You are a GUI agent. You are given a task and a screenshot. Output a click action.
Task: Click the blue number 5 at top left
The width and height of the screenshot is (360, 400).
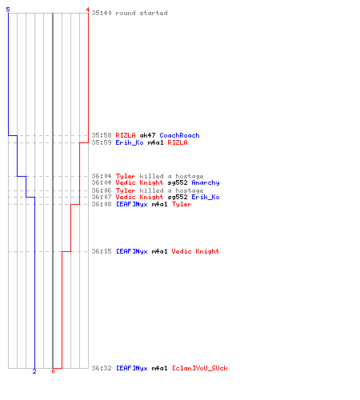tap(8, 10)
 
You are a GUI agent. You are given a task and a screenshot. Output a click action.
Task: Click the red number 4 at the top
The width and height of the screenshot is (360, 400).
tap(87, 10)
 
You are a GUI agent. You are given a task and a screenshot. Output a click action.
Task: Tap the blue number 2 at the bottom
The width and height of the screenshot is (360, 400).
tap(34, 371)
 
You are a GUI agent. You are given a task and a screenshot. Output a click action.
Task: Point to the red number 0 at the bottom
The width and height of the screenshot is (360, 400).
tap(53, 371)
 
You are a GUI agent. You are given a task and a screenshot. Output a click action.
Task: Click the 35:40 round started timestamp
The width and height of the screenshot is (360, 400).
tap(102, 13)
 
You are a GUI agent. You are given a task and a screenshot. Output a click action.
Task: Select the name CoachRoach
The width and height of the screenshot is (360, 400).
tap(179, 135)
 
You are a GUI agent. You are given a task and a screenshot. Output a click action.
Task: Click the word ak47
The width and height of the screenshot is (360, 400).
tap(147, 135)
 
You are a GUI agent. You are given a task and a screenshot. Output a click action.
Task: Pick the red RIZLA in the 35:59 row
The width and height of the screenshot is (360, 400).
tap(178, 142)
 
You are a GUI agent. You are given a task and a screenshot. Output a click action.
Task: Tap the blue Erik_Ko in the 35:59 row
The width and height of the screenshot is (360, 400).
tap(130, 142)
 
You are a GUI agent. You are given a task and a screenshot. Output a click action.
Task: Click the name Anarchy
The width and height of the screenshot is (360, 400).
tap(206, 182)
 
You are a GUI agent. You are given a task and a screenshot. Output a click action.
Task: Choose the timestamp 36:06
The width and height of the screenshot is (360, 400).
tap(102, 190)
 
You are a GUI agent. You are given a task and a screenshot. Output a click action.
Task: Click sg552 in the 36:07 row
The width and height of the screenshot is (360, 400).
tap(178, 197)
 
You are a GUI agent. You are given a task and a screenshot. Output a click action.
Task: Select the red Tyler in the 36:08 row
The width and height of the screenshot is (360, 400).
tap(182, 204)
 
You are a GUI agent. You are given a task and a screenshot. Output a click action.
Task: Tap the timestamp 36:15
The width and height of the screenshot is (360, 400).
tap(102, 251)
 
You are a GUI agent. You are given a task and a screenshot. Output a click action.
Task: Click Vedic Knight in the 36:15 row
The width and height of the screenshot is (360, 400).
tap(195, 251)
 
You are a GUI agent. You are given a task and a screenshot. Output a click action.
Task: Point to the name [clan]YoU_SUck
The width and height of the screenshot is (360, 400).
tap(199, 368)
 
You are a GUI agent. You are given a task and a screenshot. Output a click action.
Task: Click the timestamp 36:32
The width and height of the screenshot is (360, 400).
tap(102, 368)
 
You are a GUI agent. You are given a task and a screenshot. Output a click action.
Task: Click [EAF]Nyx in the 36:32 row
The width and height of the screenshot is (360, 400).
tap(132, 368)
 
